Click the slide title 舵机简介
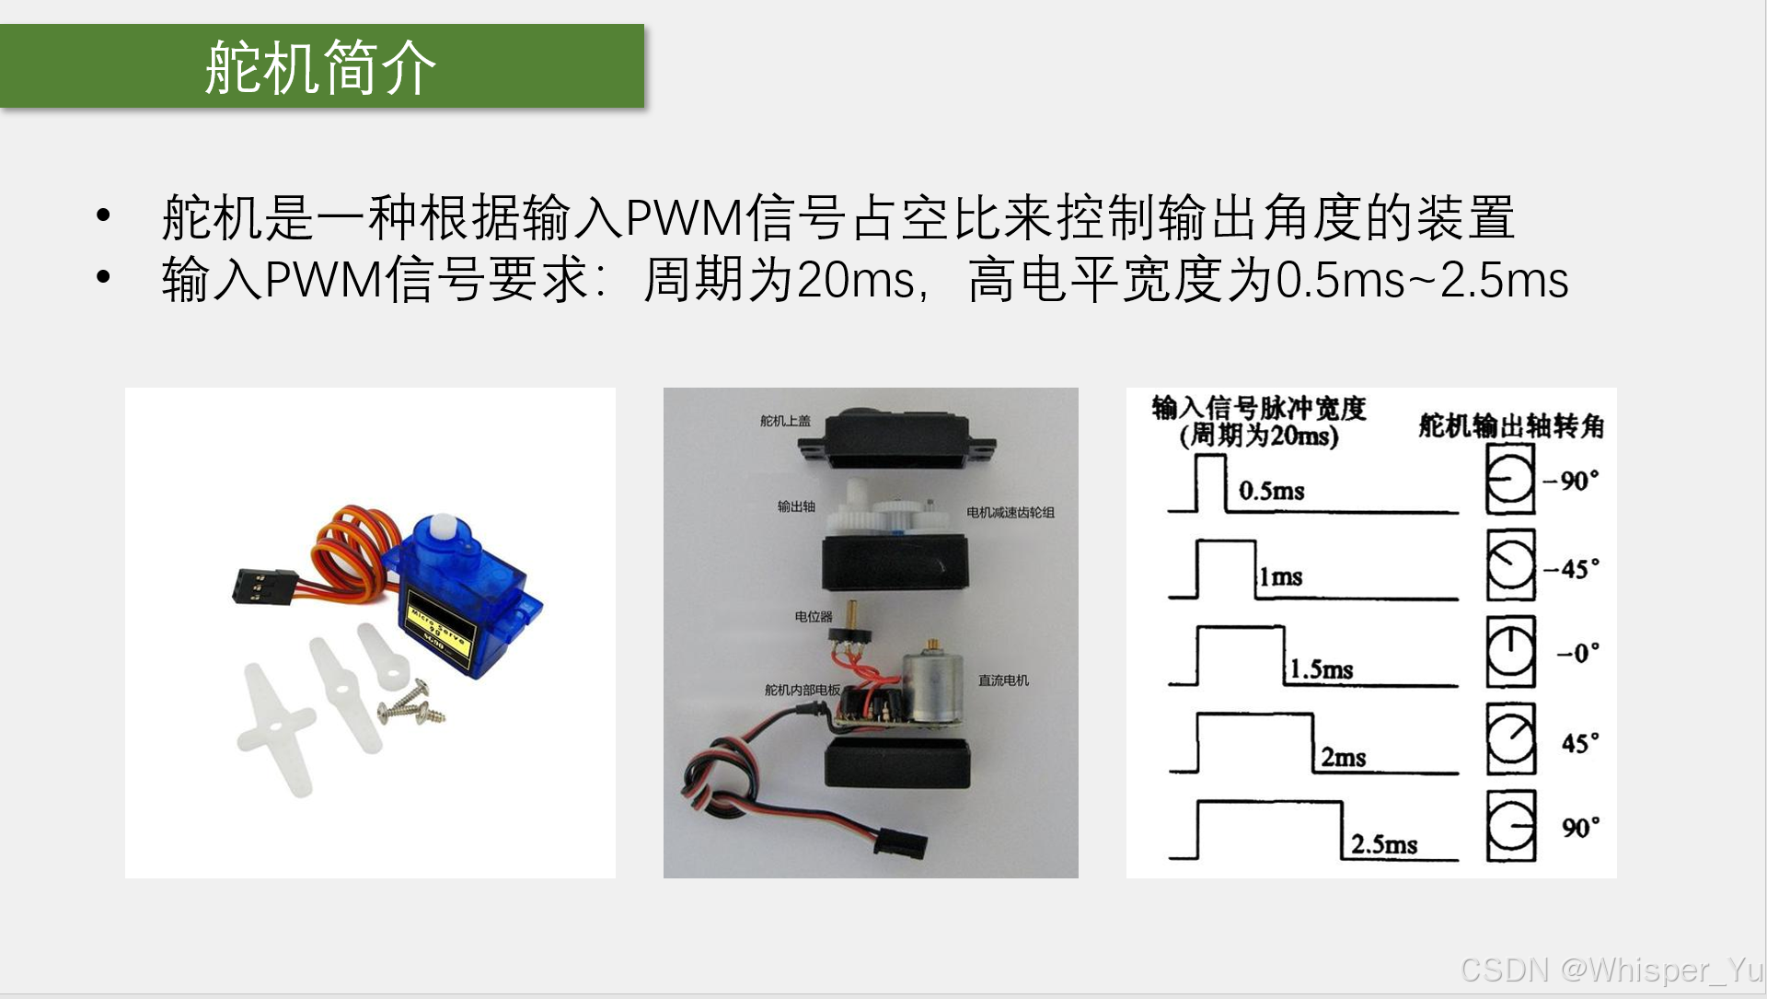pos(320,67)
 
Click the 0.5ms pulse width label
pos(1272,490)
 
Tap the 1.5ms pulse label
pos(1321,668)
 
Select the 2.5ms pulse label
pos(1384,843)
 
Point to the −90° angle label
pos(1571,481)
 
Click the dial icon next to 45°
pos(1511,739)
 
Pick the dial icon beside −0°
pos(1511,652)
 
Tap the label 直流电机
pos(1003,680)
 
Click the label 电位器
pos(814,616)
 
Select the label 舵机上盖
pos(785,421)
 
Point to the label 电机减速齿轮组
pos(1011,512)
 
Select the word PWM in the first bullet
pos(685,218)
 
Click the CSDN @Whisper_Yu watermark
pos(1611,970)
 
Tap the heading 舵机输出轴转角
pos(1511,425)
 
